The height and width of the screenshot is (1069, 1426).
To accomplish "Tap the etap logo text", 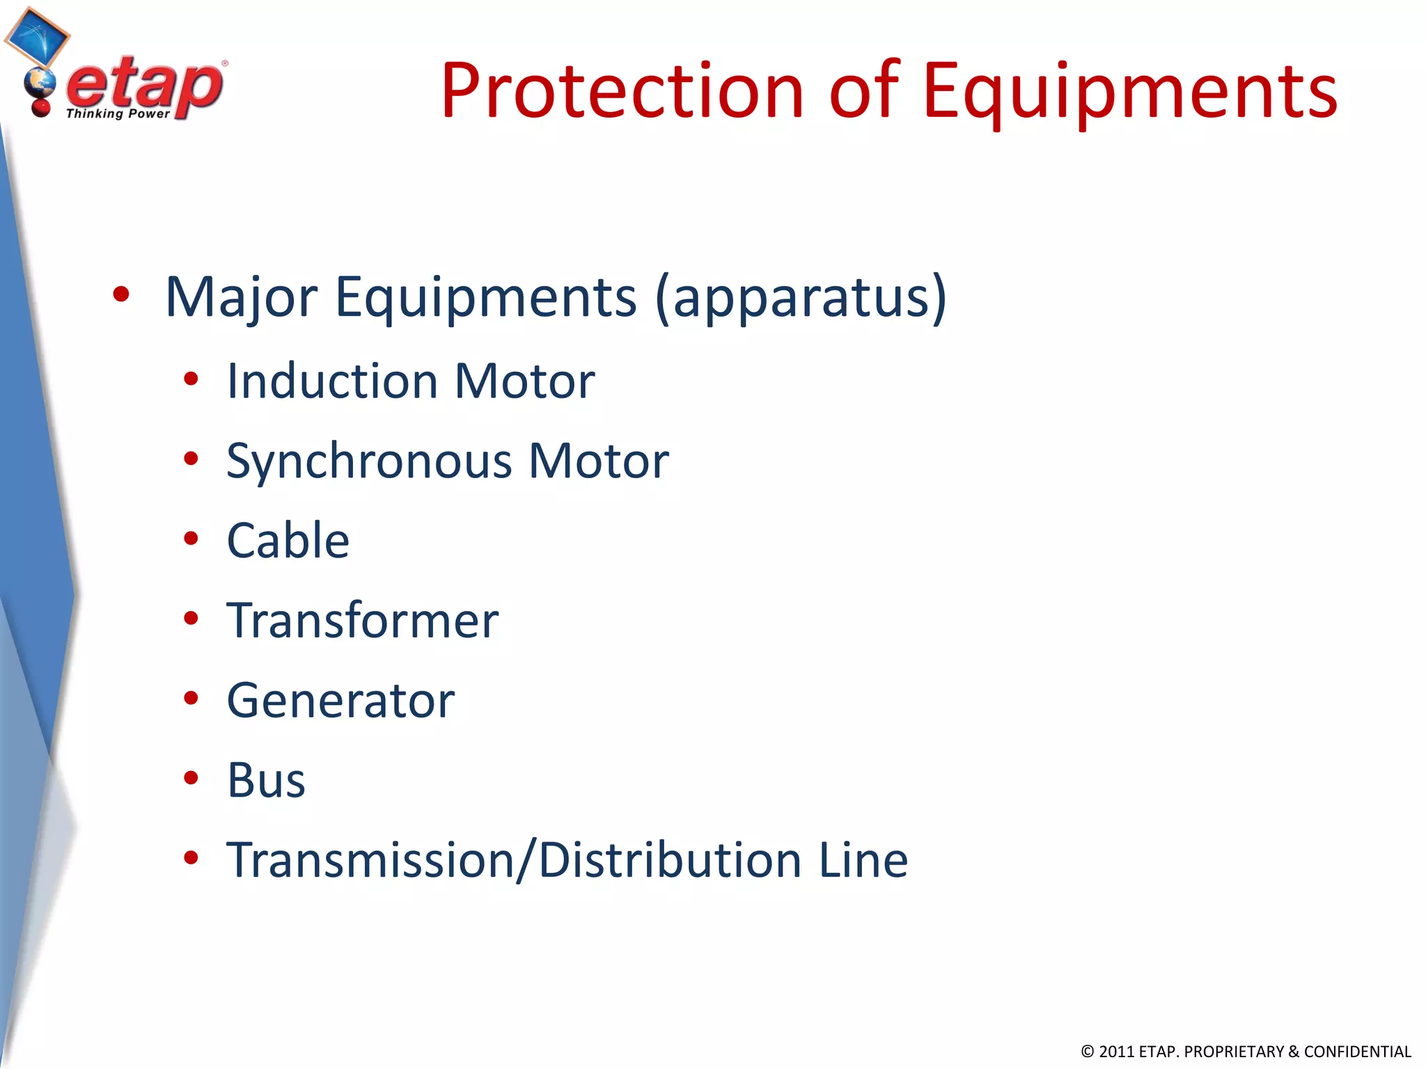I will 145,85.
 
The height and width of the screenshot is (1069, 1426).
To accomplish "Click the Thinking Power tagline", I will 118,113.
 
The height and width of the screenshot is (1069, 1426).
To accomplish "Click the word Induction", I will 332,381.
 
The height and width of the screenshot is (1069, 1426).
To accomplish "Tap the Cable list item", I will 288,541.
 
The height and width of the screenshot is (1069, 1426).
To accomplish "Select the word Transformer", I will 362,620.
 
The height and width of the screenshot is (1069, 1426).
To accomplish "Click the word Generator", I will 340,700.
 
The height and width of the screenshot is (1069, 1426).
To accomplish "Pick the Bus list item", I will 266,780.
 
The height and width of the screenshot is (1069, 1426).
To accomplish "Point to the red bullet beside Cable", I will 191,539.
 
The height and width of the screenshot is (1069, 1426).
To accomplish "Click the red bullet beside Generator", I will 191,698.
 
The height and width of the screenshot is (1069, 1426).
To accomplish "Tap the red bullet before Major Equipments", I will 121,294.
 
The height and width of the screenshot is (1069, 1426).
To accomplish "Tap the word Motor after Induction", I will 524,381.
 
